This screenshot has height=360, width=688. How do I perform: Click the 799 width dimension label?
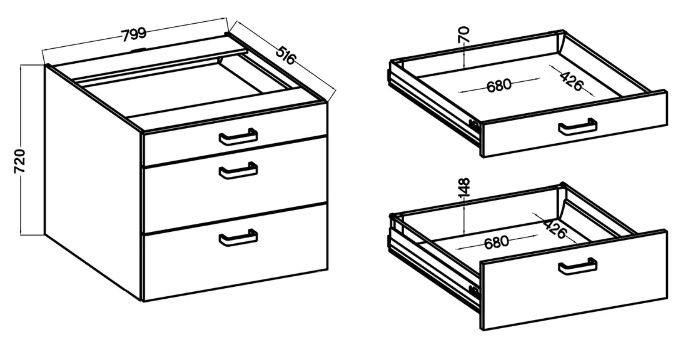click(x=134, y=34)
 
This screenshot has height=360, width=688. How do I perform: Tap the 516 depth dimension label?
click(x=286, y=52)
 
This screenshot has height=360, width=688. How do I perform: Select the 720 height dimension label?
click(x=20, y=161)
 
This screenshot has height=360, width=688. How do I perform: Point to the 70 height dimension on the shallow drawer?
click(x=465, y=34)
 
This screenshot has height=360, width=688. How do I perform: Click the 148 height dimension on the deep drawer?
click(x=464, y=187)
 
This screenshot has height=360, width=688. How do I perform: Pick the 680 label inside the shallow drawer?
click(x=499, y=85)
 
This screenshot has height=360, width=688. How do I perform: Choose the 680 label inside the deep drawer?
click(x=496, y=242)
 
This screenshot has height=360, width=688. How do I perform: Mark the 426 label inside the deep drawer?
click(x=555, y=227)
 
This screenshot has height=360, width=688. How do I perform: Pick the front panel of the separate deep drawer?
click(x=573, y=280)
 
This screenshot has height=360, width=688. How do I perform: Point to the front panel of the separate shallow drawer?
click(x=574, y=124)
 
